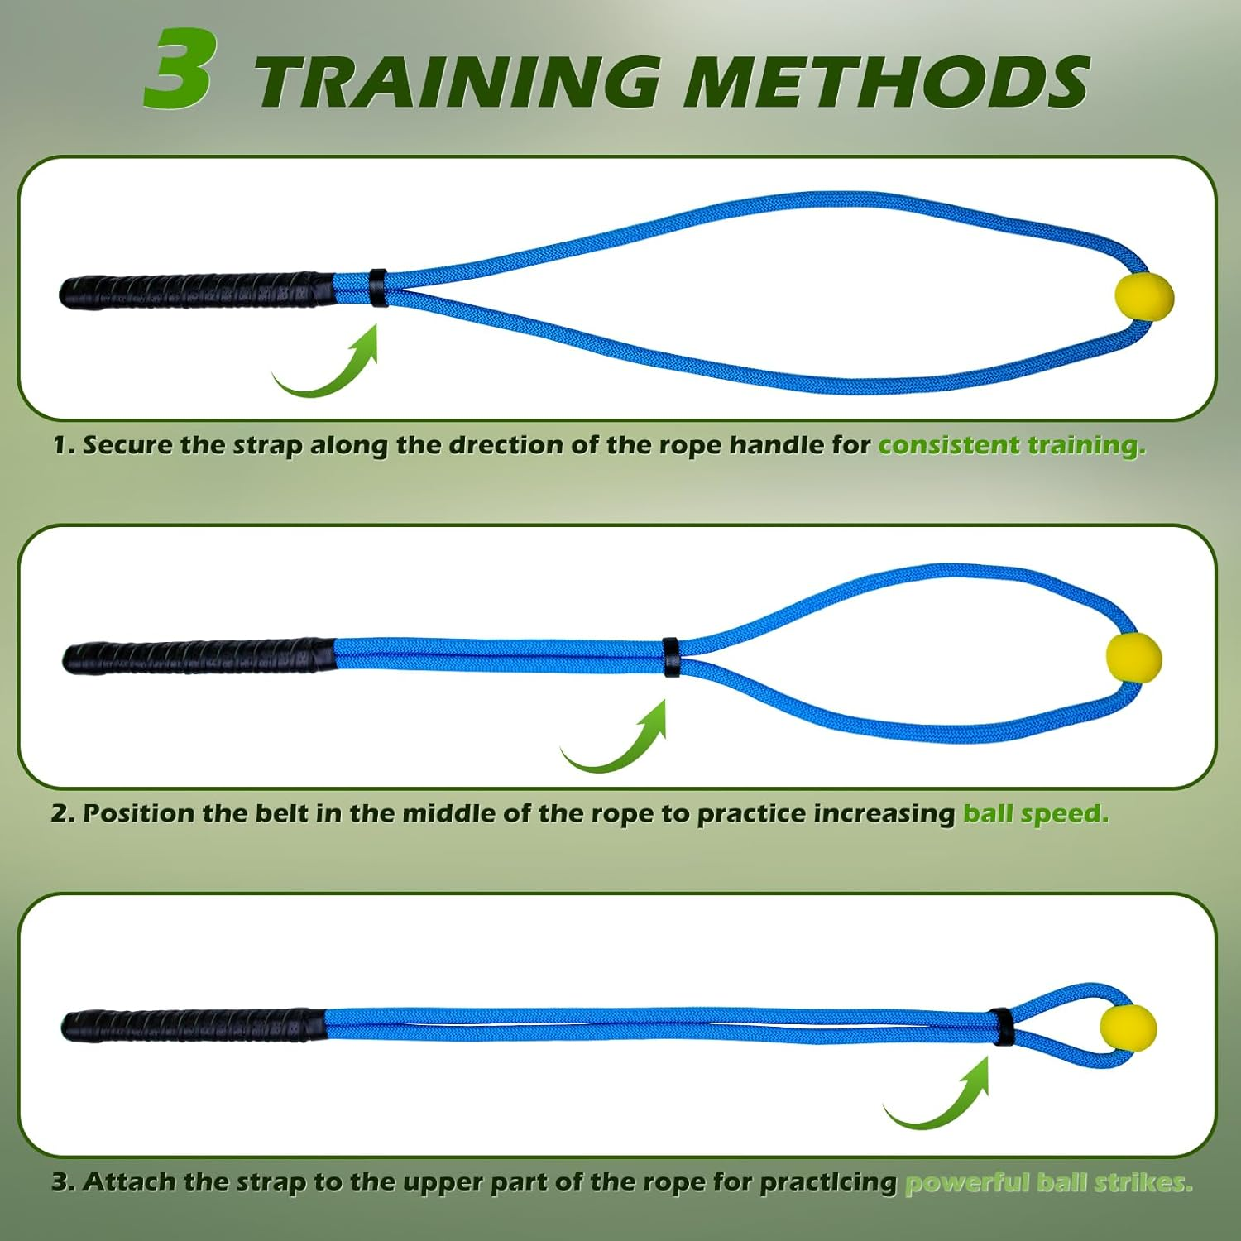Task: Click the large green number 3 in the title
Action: [x=180, y=69]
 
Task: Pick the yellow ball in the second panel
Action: [x=1133, y=659]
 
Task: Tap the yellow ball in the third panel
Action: [x=1127, y=1028]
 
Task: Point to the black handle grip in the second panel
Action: [x=199, y=656]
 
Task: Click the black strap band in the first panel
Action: [x=378, y=286]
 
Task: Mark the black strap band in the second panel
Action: [x=671, y=656]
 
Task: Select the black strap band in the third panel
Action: [x=1002, y=1027]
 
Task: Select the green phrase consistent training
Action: [x=1011, y=445]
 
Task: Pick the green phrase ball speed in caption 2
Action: [x=1035, y=813]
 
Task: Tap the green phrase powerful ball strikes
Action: [x=1048, y=1182]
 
